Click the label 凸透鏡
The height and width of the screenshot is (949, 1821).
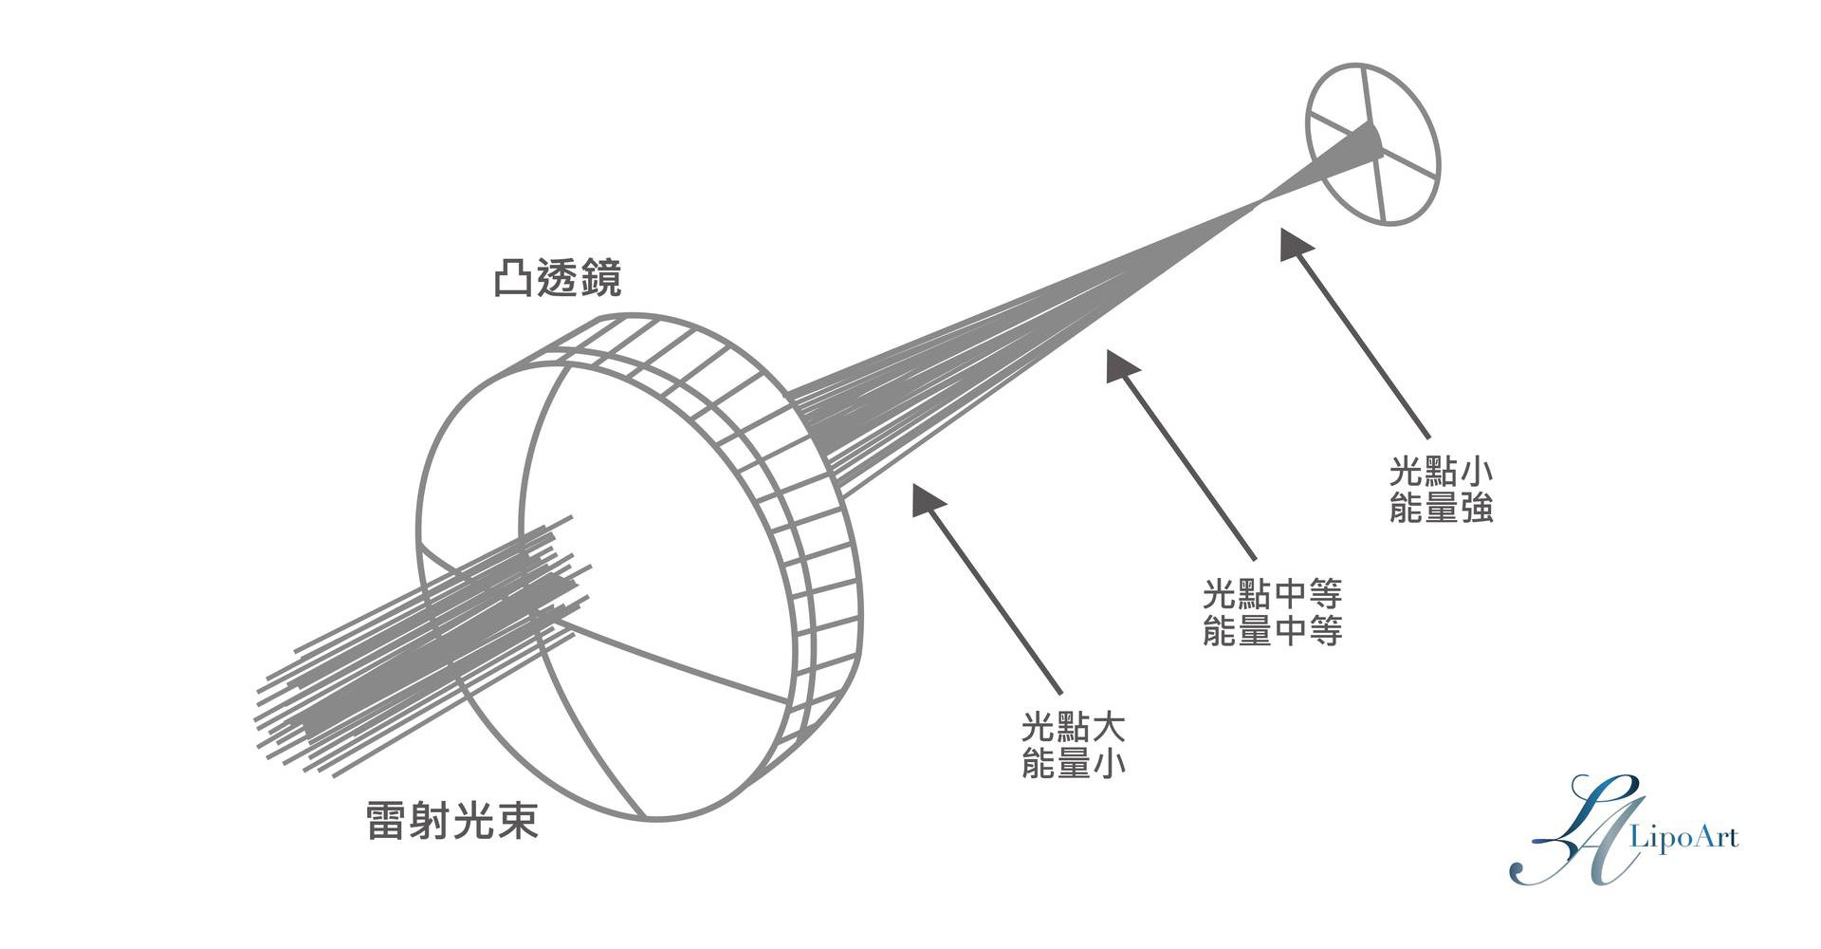[x=558, y=279]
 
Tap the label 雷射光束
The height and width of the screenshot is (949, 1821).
[x=452, y=821]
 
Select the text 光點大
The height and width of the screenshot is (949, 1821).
[x=1073, y=728]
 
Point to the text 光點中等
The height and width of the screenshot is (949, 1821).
[x=1272, y=595]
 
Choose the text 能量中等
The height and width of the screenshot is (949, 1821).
[x=1272, y=631]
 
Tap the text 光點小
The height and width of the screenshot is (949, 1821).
[x=1441, y=472]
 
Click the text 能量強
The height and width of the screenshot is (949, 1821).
[x=1441, y=509]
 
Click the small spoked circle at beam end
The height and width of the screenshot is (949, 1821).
[x=1372, y=144]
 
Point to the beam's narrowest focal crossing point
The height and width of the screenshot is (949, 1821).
[x=1260, y=200]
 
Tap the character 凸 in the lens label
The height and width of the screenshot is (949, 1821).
[x=513, y=279]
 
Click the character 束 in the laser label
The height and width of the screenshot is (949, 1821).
[x=517, y=821]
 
